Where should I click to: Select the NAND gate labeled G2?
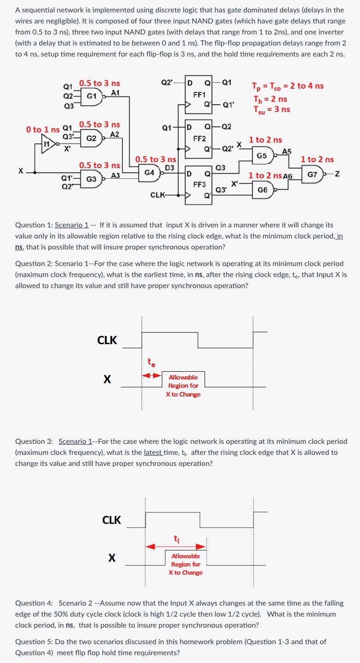92,138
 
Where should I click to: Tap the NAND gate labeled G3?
92,179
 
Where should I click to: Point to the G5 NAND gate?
263,156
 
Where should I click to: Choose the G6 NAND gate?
263,190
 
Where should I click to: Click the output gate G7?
313,175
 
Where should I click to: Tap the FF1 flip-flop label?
199,96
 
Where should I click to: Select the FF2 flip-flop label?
199,138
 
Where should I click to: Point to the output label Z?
337,175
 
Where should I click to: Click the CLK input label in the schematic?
158,195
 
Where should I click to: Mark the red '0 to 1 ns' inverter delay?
43,130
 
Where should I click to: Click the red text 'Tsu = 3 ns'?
271,109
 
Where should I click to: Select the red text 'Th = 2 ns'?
270,99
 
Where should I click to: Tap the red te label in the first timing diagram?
151,363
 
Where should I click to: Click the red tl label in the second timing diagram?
176,538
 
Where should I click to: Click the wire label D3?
169,168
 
